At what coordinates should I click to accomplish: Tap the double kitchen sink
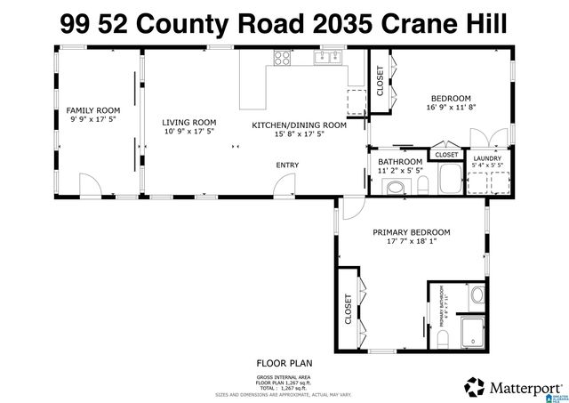coord(328,59)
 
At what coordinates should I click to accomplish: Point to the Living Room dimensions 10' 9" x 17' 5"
coord(189,132)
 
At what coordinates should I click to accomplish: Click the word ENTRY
coord(287,165)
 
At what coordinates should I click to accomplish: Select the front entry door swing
coord(285,184)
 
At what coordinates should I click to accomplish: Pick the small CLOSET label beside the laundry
coord(447,155)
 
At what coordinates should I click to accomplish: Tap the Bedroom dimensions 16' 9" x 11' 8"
coord(451,108)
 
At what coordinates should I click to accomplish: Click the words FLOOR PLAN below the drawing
coord(284,363)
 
